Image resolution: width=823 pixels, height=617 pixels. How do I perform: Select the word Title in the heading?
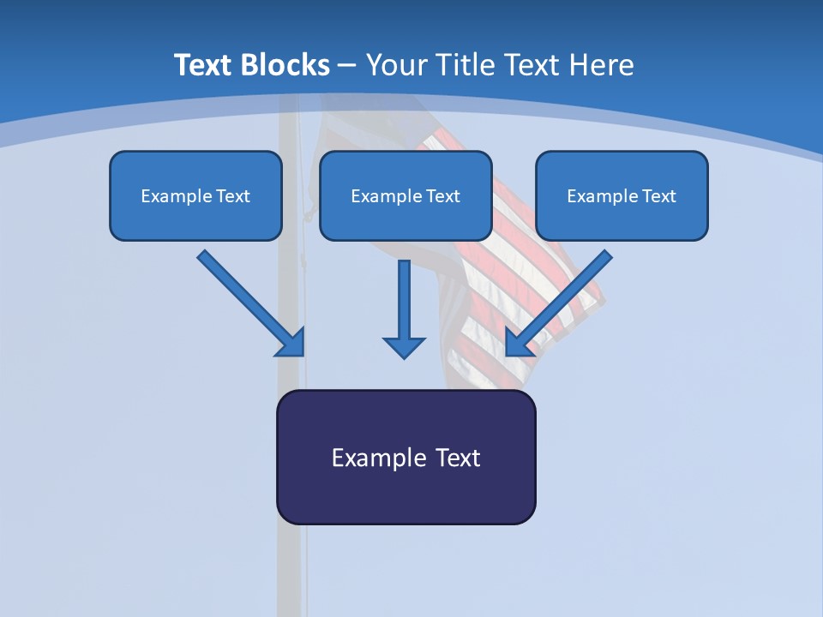[x=466, y=65]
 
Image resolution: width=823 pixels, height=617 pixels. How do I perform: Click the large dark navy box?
[x=405, y=497]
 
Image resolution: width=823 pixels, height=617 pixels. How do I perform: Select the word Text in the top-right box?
[x=658, y=196]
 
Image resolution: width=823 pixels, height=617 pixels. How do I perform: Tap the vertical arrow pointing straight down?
[x=404, y=308]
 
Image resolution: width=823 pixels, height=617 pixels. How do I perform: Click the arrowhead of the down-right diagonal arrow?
[x=292, y=344]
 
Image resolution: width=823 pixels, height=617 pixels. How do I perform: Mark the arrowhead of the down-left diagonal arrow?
[x=517, y=344]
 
